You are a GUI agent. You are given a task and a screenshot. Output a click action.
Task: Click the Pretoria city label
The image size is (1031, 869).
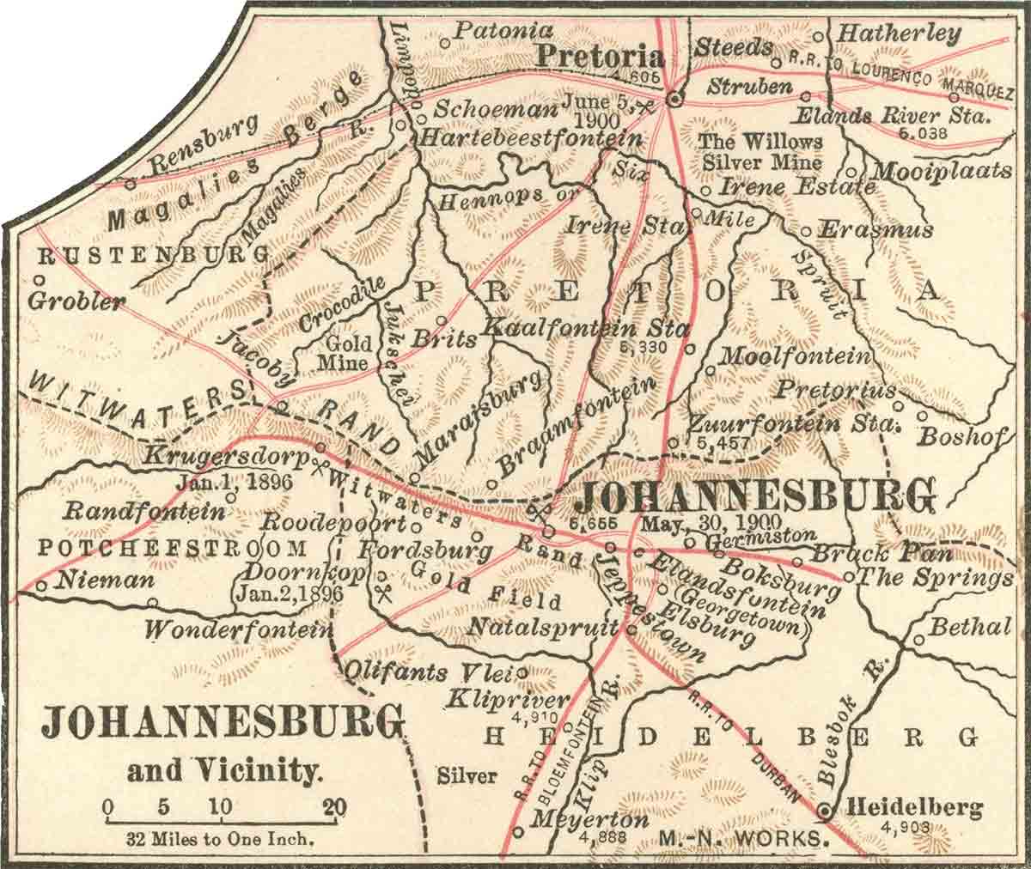pyautogui.click(x=601, y=57)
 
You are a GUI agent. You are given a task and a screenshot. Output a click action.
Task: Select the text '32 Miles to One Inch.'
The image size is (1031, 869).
pyautogui.click(x=220, y=837)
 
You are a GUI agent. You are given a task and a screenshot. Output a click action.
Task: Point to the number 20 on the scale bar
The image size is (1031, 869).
pyautogui.click(x=334, y=806)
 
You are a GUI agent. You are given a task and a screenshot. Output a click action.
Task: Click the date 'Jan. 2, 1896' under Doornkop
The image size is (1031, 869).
pyautogui.click(x=290, y=592)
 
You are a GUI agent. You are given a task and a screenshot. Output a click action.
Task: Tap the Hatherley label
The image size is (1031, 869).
pyautogui.click(x=898, y=34)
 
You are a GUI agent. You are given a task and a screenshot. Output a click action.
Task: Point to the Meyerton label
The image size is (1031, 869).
pyautogui.click(x=589, y=820)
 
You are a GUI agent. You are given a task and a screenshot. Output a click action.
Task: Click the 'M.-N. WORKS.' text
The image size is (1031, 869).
pyautogui.click(x=743, y=836)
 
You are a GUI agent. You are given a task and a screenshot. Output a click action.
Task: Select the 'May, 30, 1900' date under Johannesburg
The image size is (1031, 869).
pyautogui.click(x=707, y=523)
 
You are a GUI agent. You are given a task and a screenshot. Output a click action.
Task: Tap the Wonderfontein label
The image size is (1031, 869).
pyautogui.click(x=238, y=629)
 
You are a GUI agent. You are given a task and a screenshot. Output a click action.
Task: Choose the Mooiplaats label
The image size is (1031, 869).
pyautogui.click(x=941, y=171)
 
